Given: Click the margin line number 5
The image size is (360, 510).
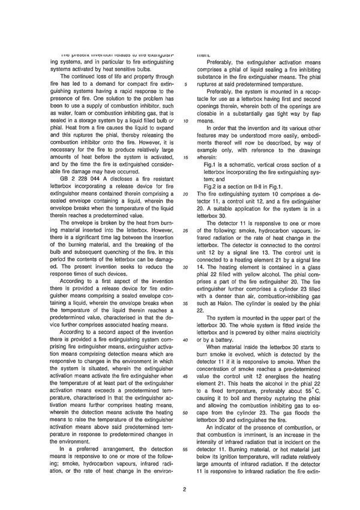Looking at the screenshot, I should tap(187, 85).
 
